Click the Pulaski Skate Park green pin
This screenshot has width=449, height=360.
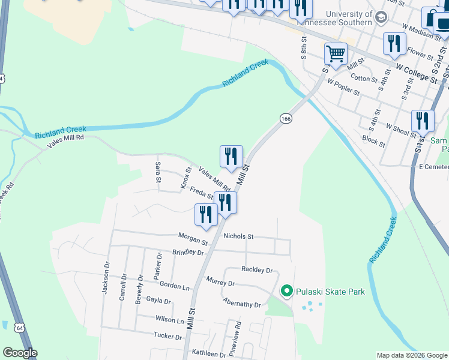(286, 292)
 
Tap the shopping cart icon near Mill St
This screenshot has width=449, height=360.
(336, 54)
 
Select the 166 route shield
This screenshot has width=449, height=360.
(286, 119)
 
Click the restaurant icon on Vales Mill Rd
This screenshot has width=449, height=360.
(231, 157)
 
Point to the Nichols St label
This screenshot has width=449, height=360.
(239, 236)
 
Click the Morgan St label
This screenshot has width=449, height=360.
(193, 239)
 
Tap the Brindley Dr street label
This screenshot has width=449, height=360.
(188, 253)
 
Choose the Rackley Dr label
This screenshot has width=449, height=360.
(257, 270)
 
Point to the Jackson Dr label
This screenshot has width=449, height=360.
(106, 278)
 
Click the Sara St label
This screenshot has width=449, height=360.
(158, 172)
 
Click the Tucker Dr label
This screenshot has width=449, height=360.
(167, 336)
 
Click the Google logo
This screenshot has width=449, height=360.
(20, 353)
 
